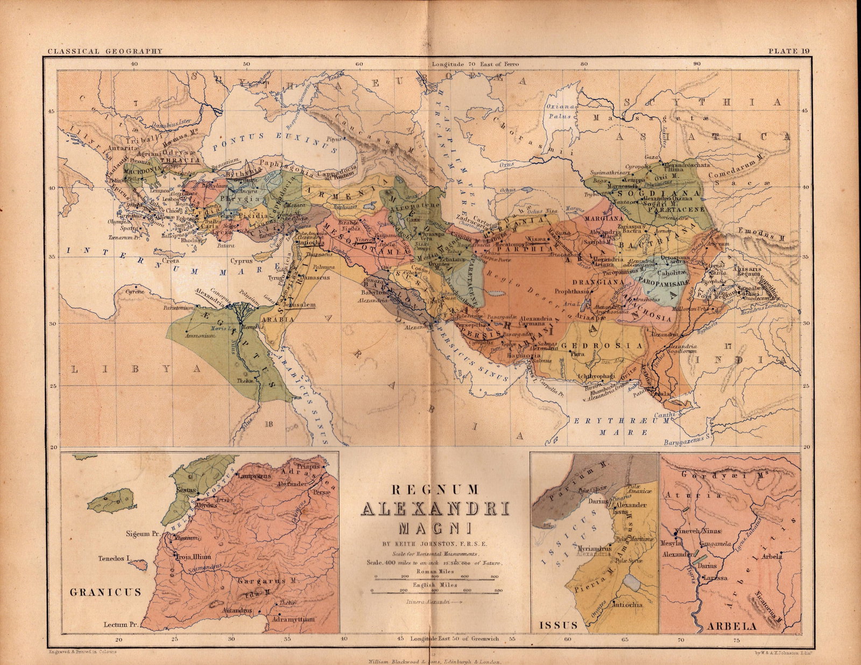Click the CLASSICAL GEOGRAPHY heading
click(x=104, y=52)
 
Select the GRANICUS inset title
click(x=105, y=592)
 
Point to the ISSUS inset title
click(x=558, y=625)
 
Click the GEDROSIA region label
click(x=603, y=346)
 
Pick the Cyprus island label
click(x=242, y=262)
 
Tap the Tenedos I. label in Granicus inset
click(x=114, y=559)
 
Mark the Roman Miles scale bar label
click(x=435, y=571)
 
